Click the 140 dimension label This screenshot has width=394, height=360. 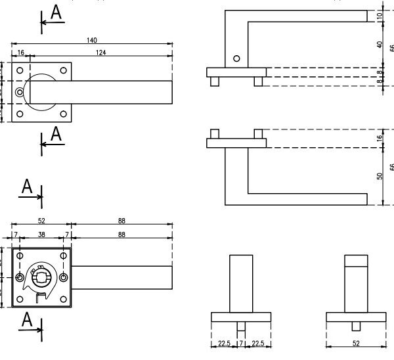click(91, 40)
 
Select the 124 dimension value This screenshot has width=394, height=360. click(100, 52)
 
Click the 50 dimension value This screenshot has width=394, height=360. click(379, 175)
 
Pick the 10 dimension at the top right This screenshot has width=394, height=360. click(379, 16)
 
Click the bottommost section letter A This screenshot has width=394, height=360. click(27, 320)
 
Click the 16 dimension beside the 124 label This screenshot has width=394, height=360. click(21, 52)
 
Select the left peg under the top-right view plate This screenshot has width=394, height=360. click(215, 81)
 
